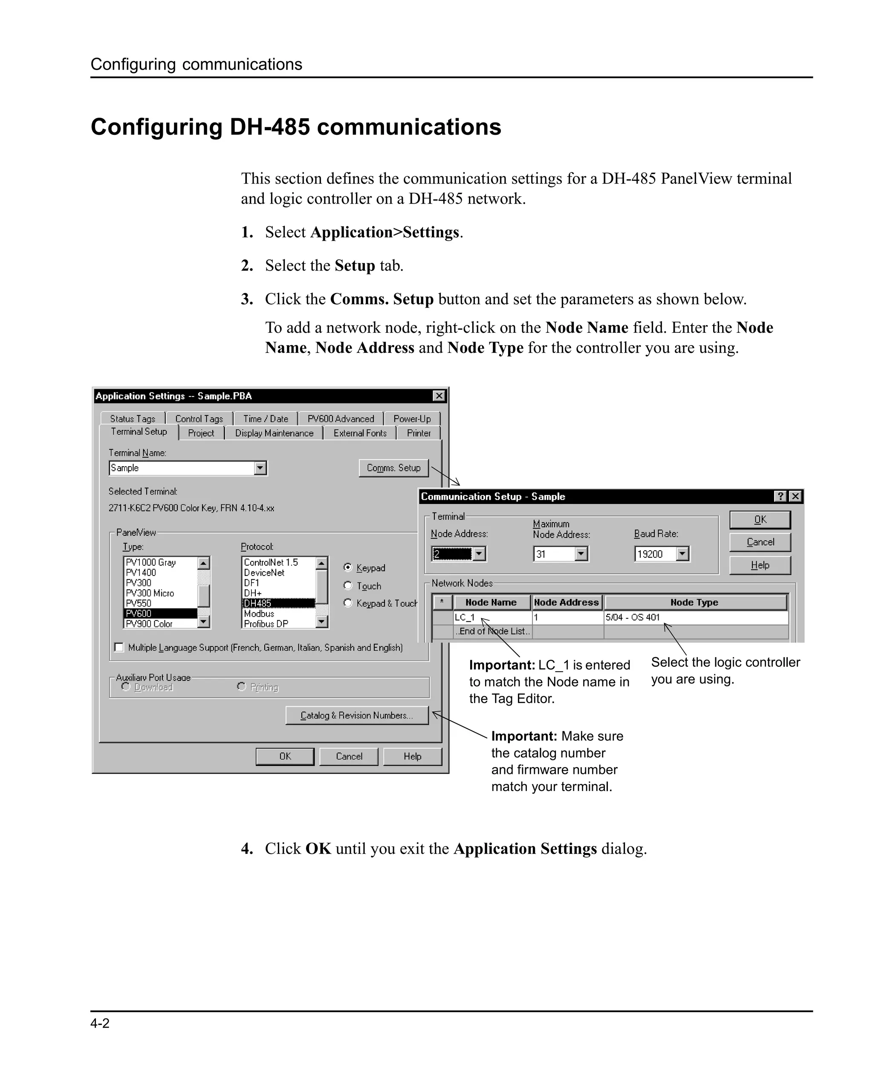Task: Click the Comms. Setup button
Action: [x=393, y=468]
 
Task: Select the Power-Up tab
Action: [x=412, y=419]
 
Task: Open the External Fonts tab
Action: [x=360, y=433]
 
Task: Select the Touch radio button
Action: [x=347, y=586]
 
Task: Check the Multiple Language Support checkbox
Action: [x=119, y=648]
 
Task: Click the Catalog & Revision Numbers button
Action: [x=356, y=716]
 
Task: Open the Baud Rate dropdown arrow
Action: [x=682, y=554]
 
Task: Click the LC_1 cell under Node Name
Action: [x=492, y=617]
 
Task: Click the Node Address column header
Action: [x=566, y=602]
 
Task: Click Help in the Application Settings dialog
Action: [x=412, y=756]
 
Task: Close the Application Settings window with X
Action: [x=439, y=396]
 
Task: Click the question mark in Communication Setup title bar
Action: [x=780, y=497]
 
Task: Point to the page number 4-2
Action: [x=100, y=1024]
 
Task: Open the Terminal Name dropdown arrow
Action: [x=260, y=468]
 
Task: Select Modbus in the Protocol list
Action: [x=259, y=614]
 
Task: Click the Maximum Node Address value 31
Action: [x=553, y=554]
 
